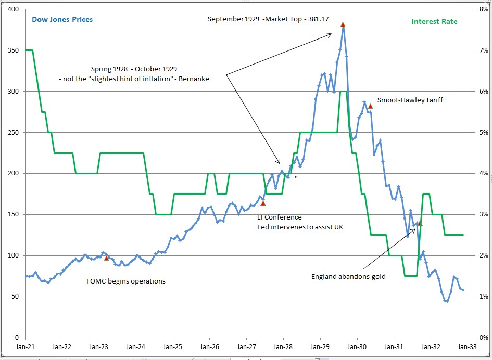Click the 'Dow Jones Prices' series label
click(62, 19)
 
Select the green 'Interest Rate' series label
click(434, 21)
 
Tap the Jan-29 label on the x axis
click(320, 346)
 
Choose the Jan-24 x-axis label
click(135, 346)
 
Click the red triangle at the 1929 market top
click(343, 24)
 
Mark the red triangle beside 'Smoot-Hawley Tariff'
click(370, 106)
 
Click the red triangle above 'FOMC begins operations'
click(106, 258)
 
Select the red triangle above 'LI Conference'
click(263, 204)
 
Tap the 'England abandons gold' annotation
click(348, 276)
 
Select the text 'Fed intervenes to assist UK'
click(300, 227)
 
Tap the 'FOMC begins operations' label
click(126, 281)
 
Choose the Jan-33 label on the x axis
click(467, 346)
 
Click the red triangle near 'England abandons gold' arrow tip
click(420, 223)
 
